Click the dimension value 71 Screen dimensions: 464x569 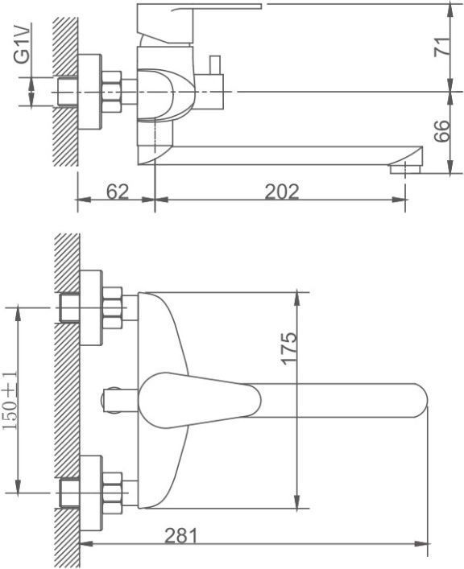(442, 46)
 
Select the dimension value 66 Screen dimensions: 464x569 (442, 130)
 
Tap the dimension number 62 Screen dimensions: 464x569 (118, 192)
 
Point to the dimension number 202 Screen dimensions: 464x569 (282, 192)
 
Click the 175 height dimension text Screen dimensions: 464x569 (289, 348)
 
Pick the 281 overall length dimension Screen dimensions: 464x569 (181, 535)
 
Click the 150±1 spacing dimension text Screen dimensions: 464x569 (11, 400)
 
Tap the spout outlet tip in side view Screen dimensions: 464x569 (405, 169)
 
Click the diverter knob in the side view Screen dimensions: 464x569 (215, 64)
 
